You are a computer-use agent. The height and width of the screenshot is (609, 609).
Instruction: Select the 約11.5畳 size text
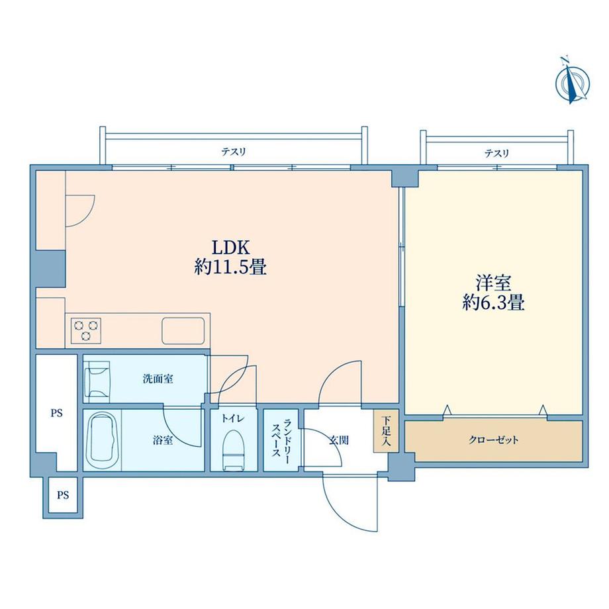(x=230, y=268)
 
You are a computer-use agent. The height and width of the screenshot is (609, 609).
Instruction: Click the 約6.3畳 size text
(x=492, y=303)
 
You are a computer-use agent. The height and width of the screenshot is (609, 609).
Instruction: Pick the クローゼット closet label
(x=494, y=440)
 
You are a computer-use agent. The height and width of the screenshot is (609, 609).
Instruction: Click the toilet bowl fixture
(x=234, y=450)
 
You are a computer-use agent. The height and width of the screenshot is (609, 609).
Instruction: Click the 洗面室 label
(x=158, y=379)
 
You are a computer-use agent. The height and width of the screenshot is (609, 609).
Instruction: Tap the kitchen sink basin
(x=182, y=330)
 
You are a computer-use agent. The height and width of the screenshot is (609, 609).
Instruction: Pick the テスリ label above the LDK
(x=233, y=152)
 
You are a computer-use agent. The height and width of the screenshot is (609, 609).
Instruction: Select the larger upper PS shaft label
(x=57, y=413)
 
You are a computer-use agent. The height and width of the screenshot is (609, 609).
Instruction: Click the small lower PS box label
(x=62, y=494)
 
